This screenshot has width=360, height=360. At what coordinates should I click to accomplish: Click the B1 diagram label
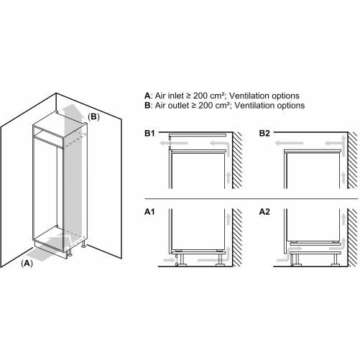click(149, 133)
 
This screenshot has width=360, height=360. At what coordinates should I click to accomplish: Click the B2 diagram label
click(264, 133)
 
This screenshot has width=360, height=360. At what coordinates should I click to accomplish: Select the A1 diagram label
click(149, 212)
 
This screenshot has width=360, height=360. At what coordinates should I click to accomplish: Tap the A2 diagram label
click(264, 212)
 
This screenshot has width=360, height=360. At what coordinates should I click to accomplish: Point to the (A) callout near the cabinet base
click(27, 263)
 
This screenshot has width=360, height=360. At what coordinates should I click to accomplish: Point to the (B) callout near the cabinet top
click(93, 116)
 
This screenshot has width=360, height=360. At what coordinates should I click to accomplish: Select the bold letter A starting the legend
click(147, 96)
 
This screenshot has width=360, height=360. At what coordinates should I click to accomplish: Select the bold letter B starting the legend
click(147, 105)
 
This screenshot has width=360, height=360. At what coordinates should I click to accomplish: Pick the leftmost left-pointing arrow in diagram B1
click(174, 143)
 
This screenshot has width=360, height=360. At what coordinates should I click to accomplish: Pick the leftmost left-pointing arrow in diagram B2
click(289, 143)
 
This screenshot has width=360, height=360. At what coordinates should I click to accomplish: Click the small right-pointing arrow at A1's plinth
click(169, 260)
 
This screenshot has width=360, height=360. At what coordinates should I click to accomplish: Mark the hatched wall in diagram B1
click(237, 160)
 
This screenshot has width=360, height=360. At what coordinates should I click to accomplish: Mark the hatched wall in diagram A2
click(352, 238)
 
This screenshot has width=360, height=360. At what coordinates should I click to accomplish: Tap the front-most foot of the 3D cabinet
click(69, 253)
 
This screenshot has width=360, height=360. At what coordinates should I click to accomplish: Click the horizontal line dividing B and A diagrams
click(251, 198)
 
